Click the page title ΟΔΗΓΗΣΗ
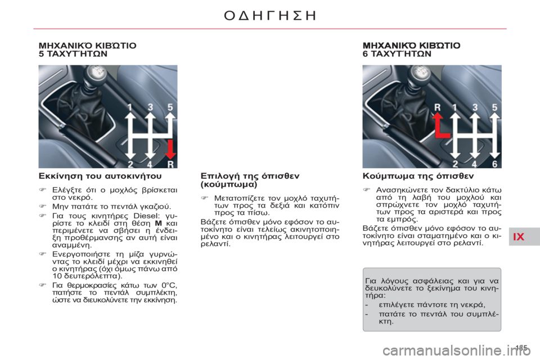269,16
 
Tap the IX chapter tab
518,237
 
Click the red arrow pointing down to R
170,148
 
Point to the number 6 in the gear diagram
494,164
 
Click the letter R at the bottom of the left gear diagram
170,164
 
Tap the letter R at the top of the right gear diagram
437,106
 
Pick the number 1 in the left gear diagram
130,106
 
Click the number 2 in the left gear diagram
130,164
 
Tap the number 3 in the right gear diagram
475,106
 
